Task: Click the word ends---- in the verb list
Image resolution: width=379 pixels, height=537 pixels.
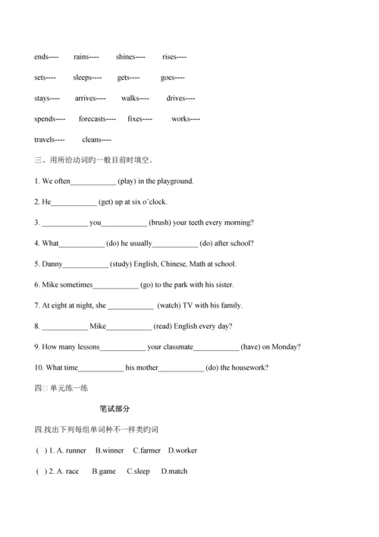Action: tap(46, 57)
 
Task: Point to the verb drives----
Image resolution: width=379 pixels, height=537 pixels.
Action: tap(180, 98)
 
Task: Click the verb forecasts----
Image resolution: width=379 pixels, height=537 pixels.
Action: tap(97, 118)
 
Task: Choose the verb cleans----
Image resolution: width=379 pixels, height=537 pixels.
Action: tap(96, 140)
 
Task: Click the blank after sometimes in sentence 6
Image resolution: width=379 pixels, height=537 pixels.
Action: tap(115, 285)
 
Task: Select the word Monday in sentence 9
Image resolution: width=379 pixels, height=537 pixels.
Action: tap(286, 347)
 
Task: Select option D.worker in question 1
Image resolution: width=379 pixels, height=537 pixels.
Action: tap(183, 450)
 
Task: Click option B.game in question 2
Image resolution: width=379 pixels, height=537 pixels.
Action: tap(104, 471)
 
